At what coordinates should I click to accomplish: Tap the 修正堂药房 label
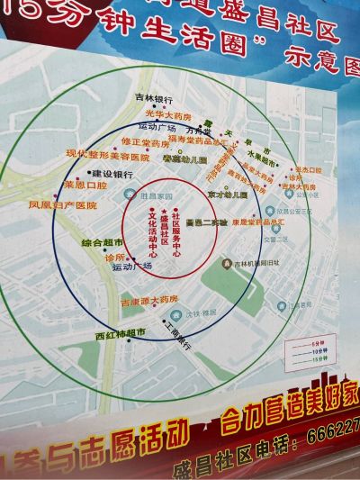143,142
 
